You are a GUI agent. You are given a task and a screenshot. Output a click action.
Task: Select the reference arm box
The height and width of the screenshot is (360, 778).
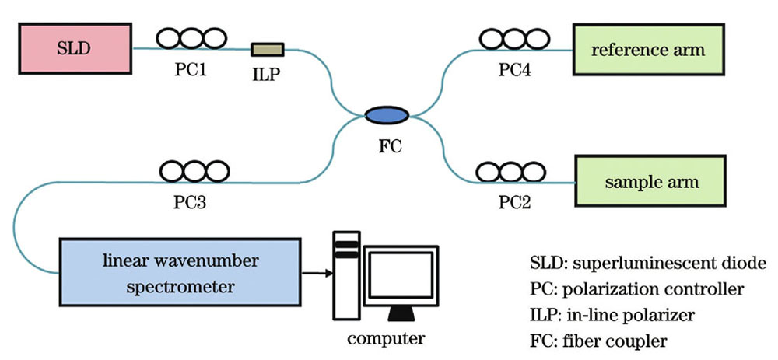tap(648, 51)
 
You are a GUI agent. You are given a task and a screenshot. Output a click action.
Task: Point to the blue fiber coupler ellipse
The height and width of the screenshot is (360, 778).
tap(387, 115)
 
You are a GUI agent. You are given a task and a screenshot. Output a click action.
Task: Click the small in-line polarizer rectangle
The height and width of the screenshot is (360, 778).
tap(267, 51)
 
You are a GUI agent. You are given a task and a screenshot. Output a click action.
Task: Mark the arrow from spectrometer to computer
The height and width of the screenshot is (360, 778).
tap(314, 273)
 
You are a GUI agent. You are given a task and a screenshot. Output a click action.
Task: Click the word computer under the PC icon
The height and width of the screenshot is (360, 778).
tap(386, 338)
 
